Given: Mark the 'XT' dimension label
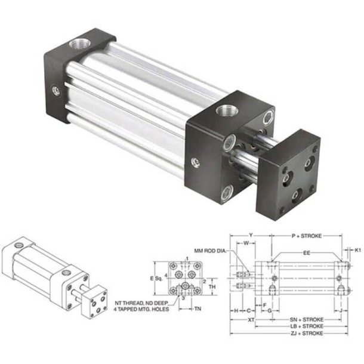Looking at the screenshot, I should [x=251, y=320].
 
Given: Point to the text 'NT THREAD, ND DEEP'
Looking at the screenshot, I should [x=141, y=303].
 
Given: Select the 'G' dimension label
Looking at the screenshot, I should [x=270, y=311].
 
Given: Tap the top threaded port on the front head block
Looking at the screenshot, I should [x=227, y=111].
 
